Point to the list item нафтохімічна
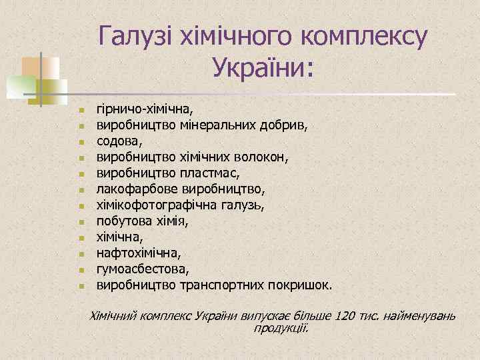click(x=138, y=253)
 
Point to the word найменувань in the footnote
click(x=421, y=315)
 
